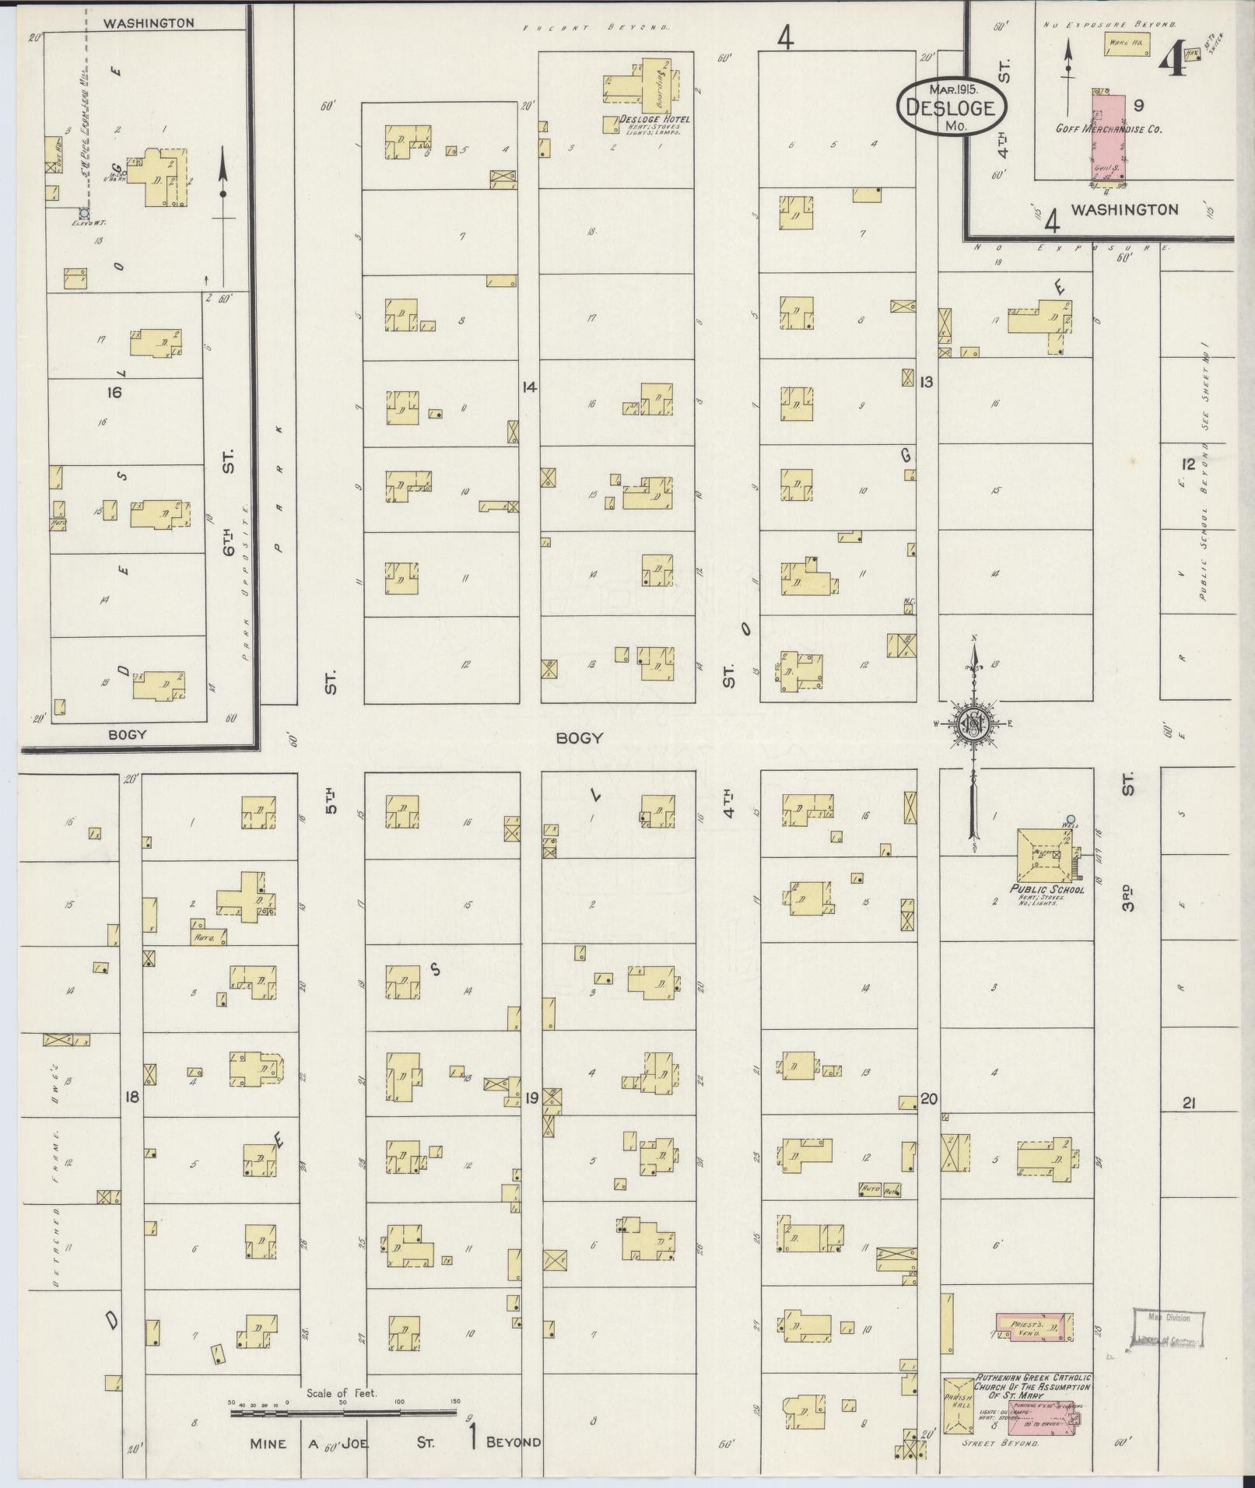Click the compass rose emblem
[973, 725]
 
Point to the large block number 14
[530, 387]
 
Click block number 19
[531, 1098]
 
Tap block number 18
[131, 1097]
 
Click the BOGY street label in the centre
[579, 737]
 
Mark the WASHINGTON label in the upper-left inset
[149, 23]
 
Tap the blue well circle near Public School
[1071, 818]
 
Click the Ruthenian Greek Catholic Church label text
[1032, 842]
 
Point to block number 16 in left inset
[114, 392]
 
